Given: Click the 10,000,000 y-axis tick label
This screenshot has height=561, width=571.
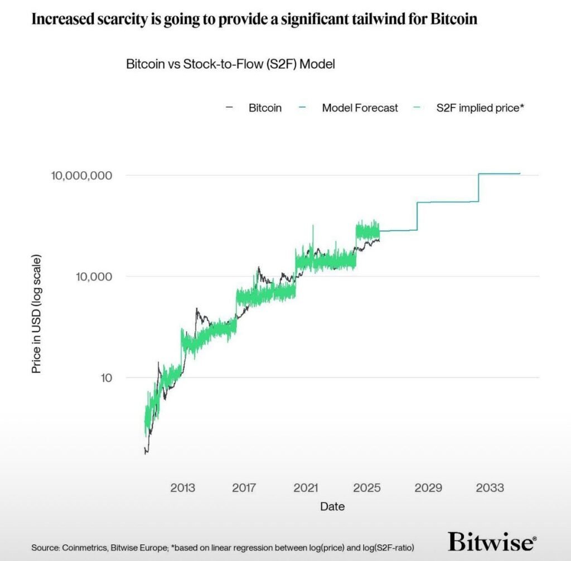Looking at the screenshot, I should coord(81,176).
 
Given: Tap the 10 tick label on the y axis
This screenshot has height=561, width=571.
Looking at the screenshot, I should coord(106,378).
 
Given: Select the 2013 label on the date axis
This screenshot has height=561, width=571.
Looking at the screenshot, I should coord(183,488).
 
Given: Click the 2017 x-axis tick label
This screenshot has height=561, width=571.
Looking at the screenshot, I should coord(244,488).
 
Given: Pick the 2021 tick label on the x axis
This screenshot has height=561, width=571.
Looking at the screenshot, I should coord(306,488).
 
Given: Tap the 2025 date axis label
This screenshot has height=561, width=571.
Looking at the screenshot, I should coord(367,488).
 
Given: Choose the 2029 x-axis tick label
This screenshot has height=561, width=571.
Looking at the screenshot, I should coord(428,488).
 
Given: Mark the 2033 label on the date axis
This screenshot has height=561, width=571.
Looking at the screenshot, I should coord(490,488).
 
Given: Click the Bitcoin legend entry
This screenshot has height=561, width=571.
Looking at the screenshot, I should coord(264,108).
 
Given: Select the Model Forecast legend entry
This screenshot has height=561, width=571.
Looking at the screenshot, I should coord(360,108).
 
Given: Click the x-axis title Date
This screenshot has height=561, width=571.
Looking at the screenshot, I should coord(332,506).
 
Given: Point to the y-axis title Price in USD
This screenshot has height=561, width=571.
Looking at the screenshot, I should coord(36,314).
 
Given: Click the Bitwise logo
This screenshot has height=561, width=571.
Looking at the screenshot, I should coord(492,541).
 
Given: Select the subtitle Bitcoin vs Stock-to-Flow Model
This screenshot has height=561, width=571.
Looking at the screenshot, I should coord(230,64).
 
